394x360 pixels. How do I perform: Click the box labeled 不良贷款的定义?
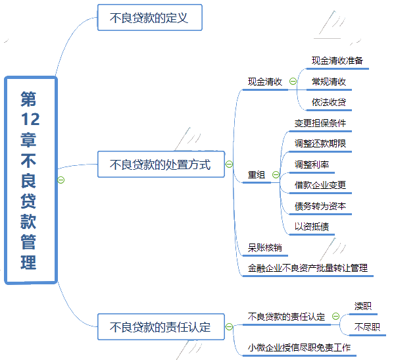150,18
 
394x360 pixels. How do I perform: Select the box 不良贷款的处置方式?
161,165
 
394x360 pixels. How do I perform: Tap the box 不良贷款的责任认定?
161,327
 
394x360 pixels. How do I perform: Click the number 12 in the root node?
30,119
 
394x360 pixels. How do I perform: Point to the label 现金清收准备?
337,61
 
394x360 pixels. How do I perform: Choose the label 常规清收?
329,82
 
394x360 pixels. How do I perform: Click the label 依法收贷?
329,102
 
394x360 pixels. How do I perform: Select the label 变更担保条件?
320,123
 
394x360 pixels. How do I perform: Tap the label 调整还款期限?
320,143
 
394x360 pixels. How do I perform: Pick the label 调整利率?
312,165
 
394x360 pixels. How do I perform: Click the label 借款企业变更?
320,186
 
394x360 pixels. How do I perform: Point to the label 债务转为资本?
320,206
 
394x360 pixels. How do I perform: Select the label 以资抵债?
312,227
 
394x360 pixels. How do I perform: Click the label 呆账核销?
264,247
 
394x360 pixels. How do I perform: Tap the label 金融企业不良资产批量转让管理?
308,269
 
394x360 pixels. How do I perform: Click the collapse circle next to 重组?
276,174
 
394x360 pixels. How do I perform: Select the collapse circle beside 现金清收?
293,81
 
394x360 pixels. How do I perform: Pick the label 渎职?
363,306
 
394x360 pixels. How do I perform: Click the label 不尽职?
367,327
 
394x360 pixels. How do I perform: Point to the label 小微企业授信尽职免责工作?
299,347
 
